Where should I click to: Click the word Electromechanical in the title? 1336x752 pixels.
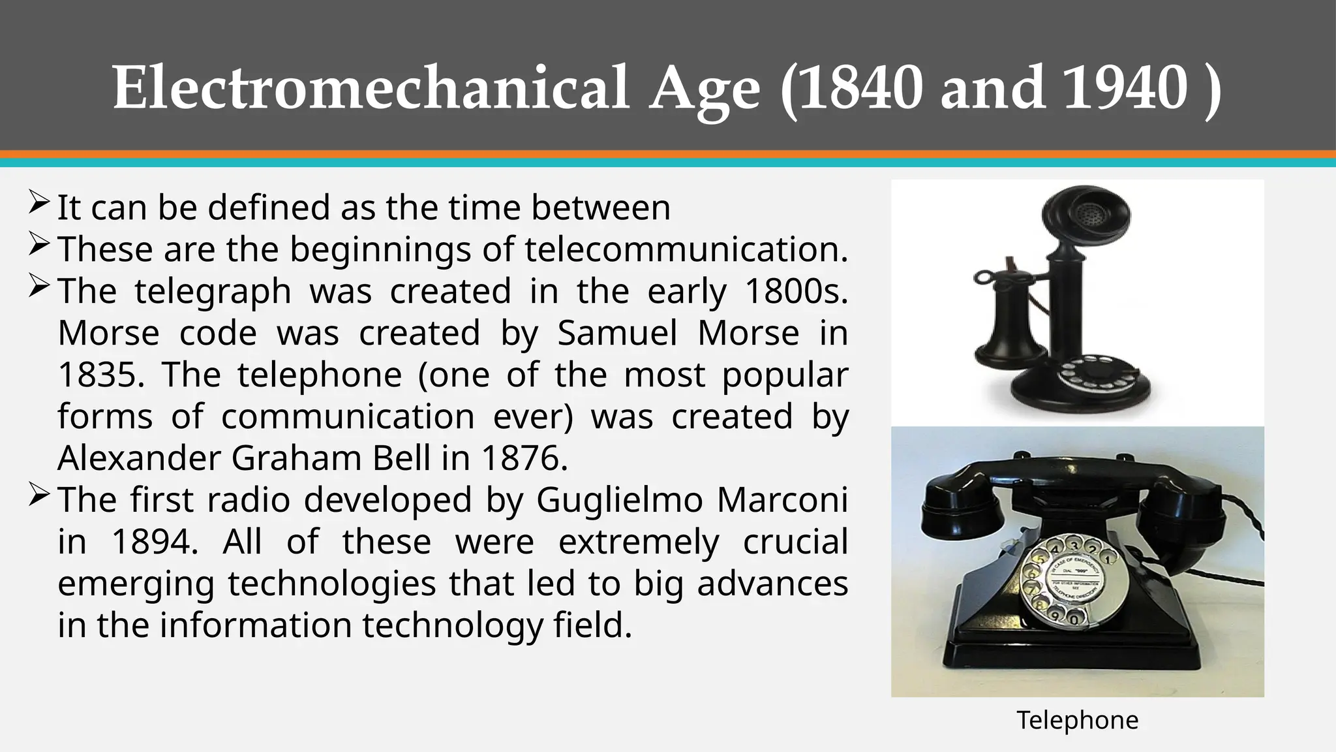click(x=371, y=88)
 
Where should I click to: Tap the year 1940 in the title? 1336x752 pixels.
click(x=1125, y=88)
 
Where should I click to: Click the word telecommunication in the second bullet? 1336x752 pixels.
click(x=686, y=249)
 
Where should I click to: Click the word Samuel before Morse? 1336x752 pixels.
click(x=617, y=334)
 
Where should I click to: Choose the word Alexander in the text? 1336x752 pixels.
click(x=140, y=458)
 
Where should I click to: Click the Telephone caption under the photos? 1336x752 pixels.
click(x=1077, y=720)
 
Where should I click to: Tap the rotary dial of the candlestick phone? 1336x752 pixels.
click(x=1089, y=377)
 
